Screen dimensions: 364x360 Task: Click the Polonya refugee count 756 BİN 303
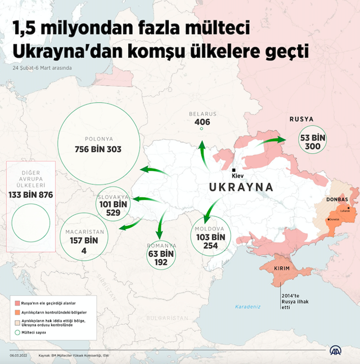98,149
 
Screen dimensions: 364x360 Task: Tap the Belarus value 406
202,122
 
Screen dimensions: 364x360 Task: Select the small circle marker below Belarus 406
201,129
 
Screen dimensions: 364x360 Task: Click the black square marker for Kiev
233,169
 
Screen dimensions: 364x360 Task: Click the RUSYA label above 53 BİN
301,119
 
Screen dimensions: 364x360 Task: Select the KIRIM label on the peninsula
282,269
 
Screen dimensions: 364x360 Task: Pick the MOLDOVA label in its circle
210,229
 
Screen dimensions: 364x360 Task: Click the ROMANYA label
161,245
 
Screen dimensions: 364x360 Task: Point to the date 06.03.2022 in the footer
19,355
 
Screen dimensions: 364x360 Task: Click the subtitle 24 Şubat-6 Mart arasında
43,69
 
